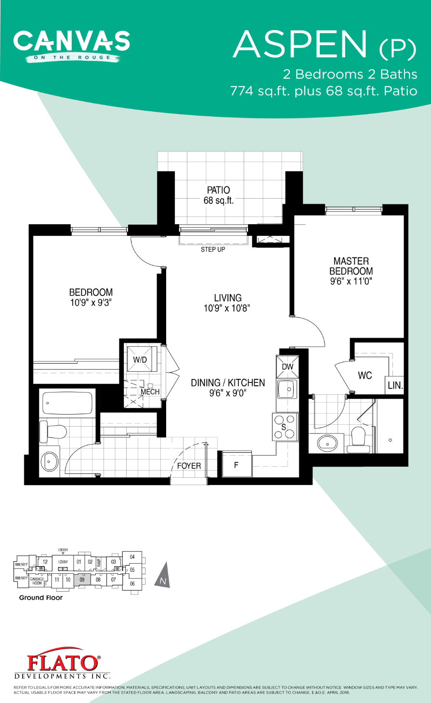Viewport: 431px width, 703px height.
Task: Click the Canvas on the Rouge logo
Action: click(71, 46)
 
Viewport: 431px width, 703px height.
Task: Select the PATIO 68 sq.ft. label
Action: click(219, 195)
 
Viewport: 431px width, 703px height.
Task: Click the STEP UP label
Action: click(213, 249)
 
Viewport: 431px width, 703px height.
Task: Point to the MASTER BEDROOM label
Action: click(351, 266)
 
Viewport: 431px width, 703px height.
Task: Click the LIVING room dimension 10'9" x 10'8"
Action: click(227, 308)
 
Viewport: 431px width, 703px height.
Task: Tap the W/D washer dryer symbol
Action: click(140, 359)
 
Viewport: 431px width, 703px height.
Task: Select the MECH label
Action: click(150, 392)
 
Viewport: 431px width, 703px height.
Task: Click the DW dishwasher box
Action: click(287, 367)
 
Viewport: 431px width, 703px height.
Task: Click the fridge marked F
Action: click(236, 465)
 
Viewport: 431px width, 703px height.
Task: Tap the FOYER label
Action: click(189, 466)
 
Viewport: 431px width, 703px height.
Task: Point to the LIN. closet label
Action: click(395, 386)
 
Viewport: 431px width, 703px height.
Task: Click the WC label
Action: click(365, 376)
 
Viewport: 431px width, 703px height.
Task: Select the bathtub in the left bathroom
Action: click(67, 403)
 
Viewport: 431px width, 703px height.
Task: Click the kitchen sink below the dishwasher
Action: click(287, 389)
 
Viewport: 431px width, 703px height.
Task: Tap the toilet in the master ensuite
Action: click(358, 439)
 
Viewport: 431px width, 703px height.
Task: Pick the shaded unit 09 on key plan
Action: click(82, 580)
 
